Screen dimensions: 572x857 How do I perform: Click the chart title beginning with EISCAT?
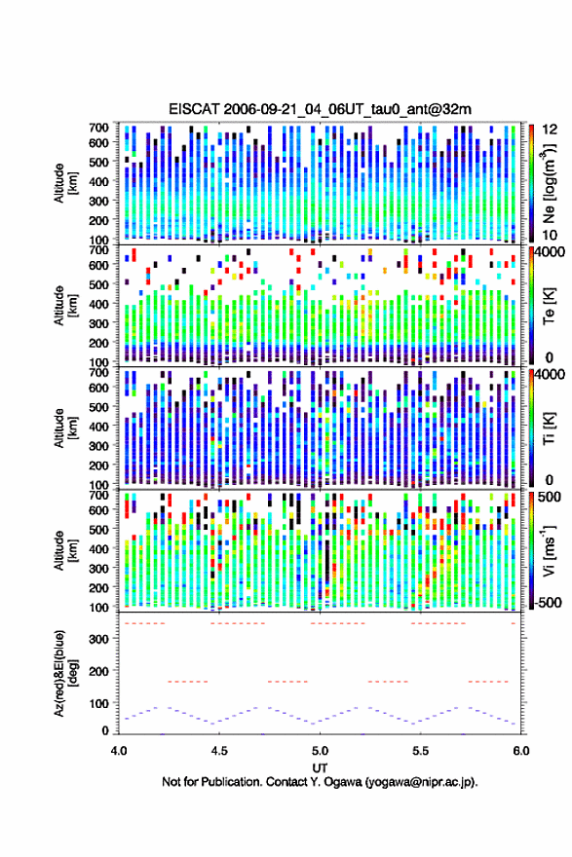pos(320,109)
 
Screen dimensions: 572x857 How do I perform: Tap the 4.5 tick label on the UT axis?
pos(219,751)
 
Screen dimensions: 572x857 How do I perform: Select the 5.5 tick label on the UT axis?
pos(421,751)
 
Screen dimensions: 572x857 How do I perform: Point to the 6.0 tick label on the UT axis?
pos(521,751)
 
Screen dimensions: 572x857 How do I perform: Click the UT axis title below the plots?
pos(320,767)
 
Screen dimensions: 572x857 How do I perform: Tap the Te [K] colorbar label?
pos(549,306)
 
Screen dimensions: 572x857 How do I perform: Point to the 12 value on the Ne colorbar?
pos(550,129)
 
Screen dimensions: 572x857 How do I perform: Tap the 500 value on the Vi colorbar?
pos(550,497)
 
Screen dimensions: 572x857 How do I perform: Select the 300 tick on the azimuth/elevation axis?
pos(99,639)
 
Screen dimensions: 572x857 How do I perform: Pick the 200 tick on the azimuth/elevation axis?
pos(99,671)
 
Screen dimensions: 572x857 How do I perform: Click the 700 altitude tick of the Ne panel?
pos(99,128)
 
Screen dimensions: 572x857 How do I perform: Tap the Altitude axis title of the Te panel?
pos(65,305)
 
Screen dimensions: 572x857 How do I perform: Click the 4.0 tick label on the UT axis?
pos(119,751)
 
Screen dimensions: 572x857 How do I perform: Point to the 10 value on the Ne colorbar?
pos(550,235)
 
